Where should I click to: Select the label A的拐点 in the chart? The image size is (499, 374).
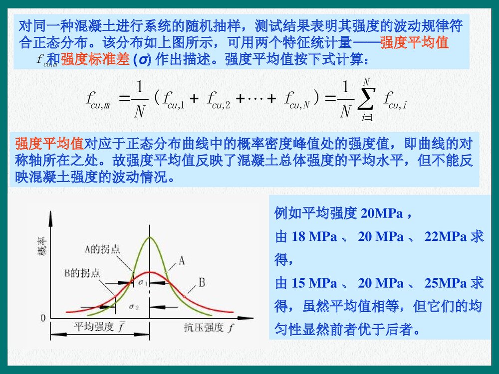click(102, 249)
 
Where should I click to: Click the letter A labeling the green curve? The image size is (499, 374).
click(182, 260)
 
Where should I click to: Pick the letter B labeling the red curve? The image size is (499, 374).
click(202, 283)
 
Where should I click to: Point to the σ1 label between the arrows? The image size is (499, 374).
click(144, 283)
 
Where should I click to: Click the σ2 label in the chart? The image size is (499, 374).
click(134, 306)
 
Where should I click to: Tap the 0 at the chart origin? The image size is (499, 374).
click(43, 317)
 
